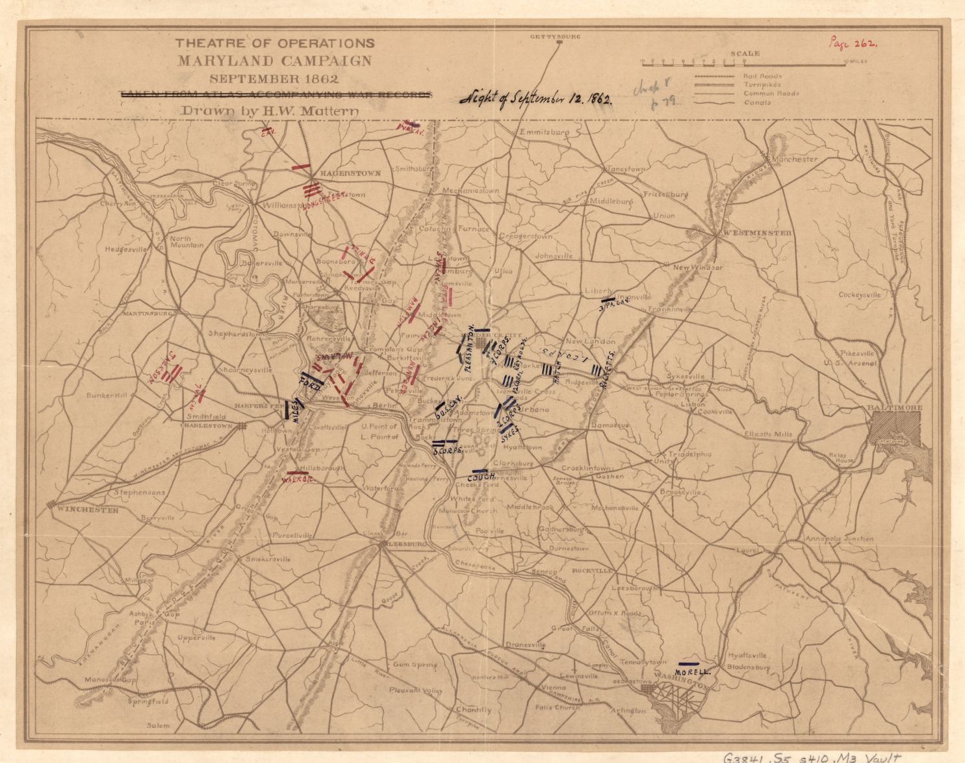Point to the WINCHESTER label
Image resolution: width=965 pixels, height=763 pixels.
[87, 510]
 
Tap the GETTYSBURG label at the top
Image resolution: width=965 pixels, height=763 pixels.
[555, 36]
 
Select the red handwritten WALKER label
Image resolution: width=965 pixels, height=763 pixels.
[298, 480]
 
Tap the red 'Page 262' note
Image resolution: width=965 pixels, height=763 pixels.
[853, 44]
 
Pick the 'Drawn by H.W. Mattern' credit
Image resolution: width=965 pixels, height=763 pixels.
[270, 110]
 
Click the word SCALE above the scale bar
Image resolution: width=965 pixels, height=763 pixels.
[745, 54]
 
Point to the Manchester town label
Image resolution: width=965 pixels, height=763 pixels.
[792, 159]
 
